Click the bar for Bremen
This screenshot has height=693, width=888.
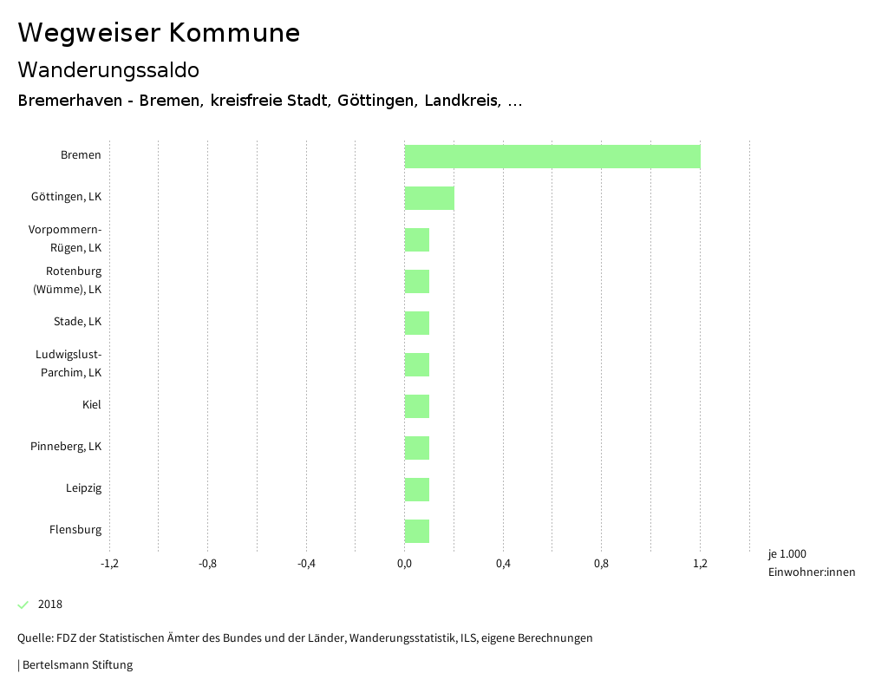552,156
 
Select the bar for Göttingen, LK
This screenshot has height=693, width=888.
429,198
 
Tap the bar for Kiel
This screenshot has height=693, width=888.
417,406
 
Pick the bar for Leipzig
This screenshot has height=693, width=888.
417,489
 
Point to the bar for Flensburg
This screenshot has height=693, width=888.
417,531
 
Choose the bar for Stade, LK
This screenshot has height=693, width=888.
417,323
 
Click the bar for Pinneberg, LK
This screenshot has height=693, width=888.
417,448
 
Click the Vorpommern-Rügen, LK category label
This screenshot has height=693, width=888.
65,239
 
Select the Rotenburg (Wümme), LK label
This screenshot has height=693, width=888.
67,280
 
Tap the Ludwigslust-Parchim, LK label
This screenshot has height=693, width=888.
69,363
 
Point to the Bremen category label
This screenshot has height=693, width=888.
81,155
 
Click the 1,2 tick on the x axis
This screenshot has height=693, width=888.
700,564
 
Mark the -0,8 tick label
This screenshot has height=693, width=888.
207,564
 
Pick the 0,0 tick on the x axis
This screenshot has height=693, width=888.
405,564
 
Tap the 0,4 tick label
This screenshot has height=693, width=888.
503,564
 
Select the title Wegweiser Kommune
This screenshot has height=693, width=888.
159,33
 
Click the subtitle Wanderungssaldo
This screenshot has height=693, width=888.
108,69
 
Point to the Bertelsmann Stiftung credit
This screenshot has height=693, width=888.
76,665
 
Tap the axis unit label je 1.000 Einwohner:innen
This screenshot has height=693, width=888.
811,563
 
